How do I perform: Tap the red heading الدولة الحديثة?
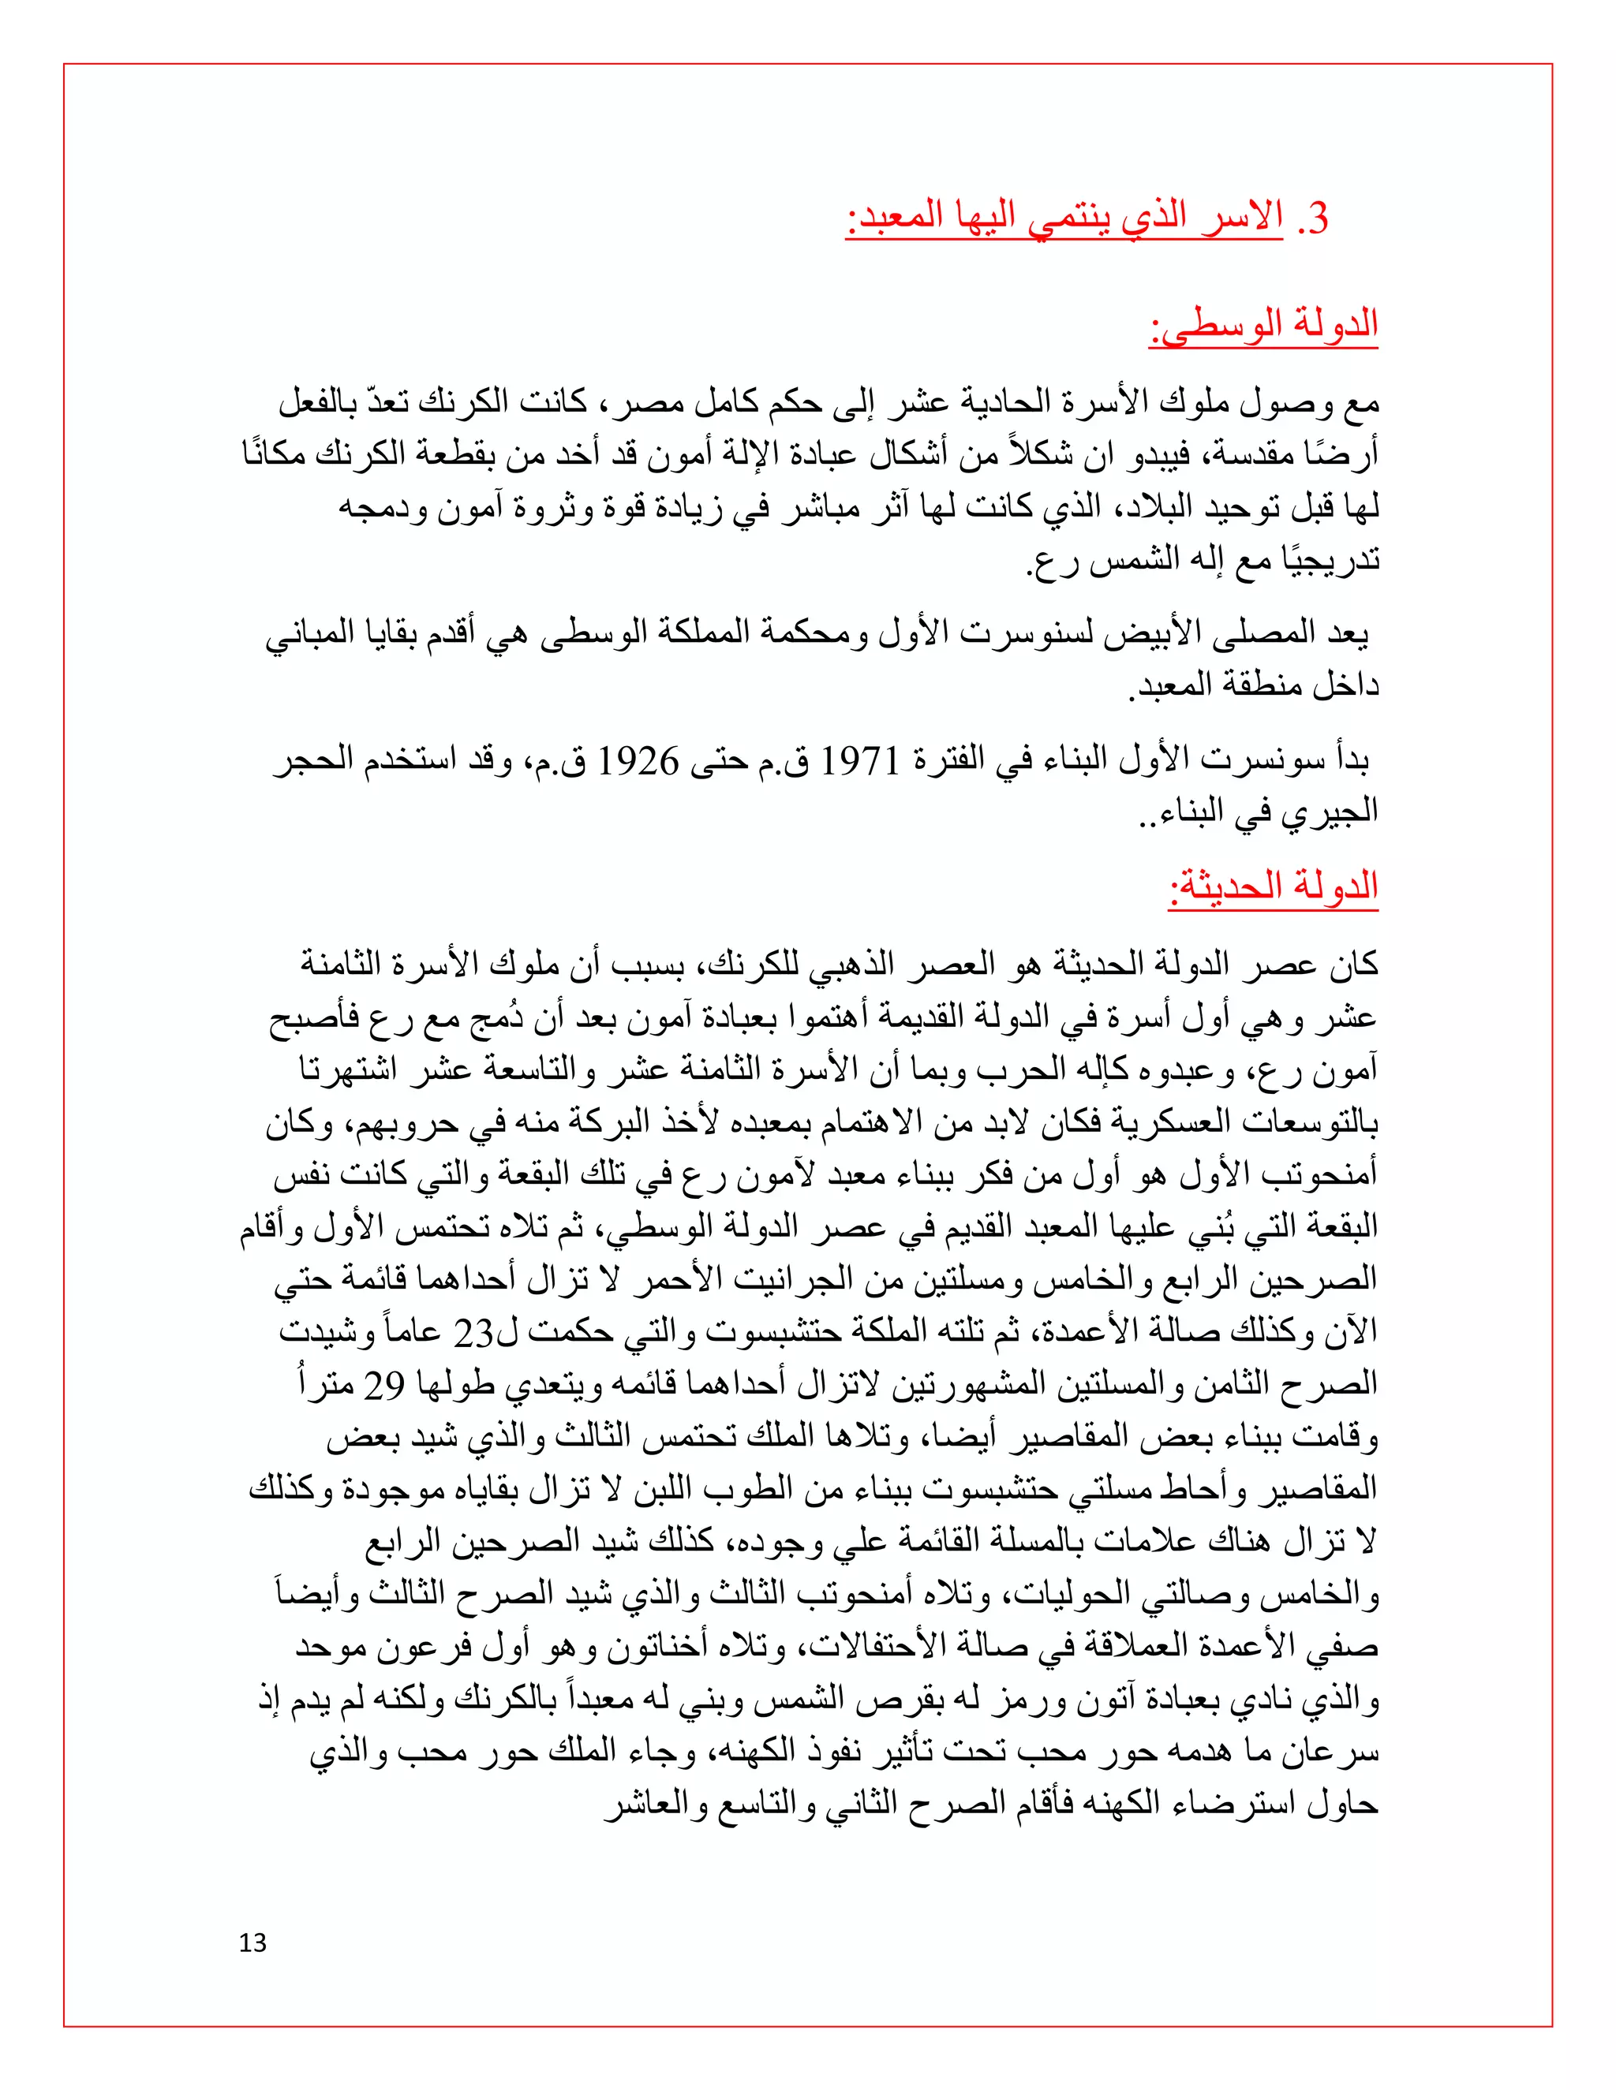tap(1274, 887)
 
